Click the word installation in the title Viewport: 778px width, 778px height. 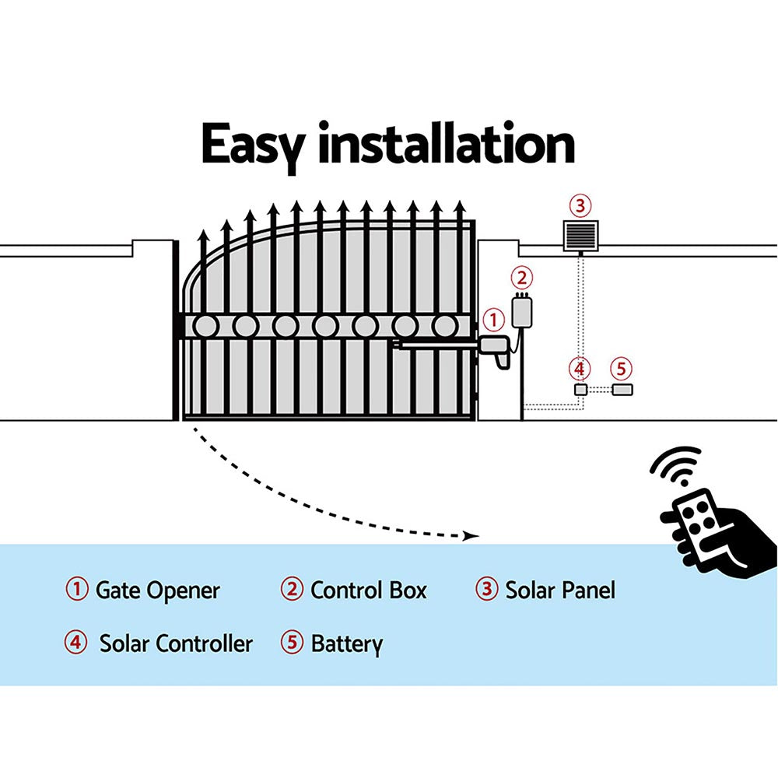point(445,144)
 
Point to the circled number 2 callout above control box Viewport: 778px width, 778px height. point(522,277)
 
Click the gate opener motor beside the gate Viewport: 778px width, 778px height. point(496,349)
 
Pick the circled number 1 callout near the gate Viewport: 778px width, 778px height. point(494,319)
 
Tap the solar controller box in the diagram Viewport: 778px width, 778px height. point(580,390)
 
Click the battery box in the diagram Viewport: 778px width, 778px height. point(622,390)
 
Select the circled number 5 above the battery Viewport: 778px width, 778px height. point(620,368)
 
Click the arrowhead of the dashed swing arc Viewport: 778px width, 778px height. point(469,535)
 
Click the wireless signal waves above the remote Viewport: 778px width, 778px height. point(675,467)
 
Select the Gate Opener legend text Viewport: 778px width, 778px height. point(157,591)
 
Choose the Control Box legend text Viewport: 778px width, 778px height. point(369,591)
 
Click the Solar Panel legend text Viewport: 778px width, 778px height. point(560,591)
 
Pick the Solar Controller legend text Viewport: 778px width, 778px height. point(176,644)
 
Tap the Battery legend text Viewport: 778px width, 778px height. point(347,644)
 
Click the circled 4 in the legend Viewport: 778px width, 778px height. point(76,643)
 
